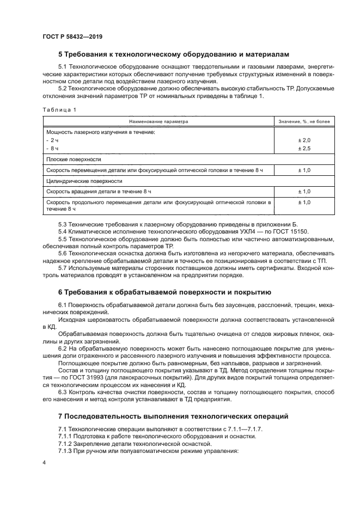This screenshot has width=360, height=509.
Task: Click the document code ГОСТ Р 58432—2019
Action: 72,36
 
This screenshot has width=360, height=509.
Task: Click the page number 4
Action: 44,462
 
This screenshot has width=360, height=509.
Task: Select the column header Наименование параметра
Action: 158,121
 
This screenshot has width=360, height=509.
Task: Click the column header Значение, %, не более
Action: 304,121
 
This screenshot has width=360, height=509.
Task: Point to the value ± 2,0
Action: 304,140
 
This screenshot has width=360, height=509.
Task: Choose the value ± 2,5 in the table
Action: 304,148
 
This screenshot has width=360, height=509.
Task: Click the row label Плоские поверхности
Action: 74,160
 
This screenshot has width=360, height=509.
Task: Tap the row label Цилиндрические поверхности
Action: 84,181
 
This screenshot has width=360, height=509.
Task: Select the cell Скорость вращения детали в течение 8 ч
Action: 99,192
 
